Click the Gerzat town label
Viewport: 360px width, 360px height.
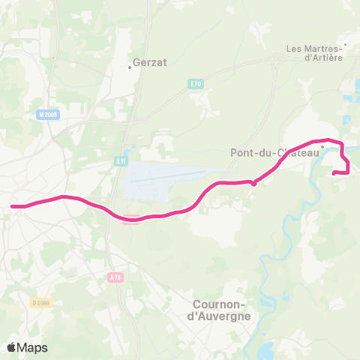pyautogui.click(x=147, y=64)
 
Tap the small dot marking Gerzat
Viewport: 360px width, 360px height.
pyautogui.click(x=130, y=67)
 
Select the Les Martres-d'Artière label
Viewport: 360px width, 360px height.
pyautogui.click(x=314, y=53)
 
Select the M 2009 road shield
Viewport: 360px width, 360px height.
pyautogui.click(x=46, y=115)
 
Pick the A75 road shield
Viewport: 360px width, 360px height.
pyautogui.click(x=114, y=277)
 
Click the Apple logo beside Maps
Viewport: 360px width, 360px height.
pyautogui.click(x=11, y=347)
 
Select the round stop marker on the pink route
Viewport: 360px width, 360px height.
pyautogui.click(x=254, y=182)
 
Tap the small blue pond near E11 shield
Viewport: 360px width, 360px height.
pyautogui.click(x=130, y=149)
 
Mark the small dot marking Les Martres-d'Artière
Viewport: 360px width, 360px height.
pyautogui.click(x=345, y=44)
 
